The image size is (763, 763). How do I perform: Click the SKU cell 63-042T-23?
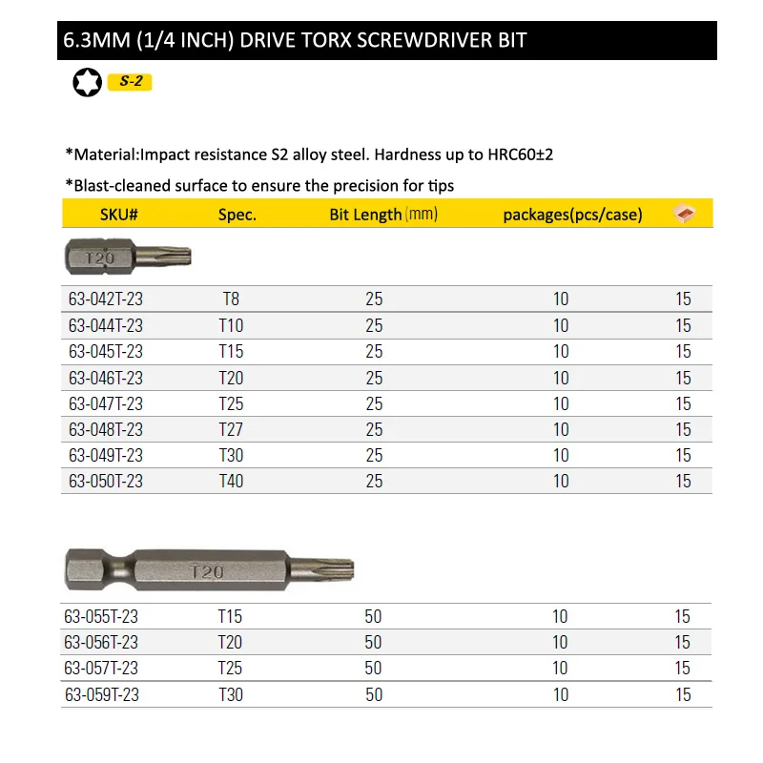106,299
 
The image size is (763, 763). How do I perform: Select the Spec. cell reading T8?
231,299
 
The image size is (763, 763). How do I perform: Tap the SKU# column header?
119,215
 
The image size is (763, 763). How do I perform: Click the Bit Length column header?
366,215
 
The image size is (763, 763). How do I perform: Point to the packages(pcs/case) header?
572,215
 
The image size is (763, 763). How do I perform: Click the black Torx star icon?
87,83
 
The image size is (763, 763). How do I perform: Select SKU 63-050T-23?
106,481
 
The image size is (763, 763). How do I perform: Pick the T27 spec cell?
231,429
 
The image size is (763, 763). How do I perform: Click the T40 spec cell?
231,481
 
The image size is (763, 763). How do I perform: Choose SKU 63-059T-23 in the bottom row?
102,694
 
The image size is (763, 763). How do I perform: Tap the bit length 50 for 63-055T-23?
373,617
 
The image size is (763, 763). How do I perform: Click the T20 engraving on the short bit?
100,258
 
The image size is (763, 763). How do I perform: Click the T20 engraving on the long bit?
206,572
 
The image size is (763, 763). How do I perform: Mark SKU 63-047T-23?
106,403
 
